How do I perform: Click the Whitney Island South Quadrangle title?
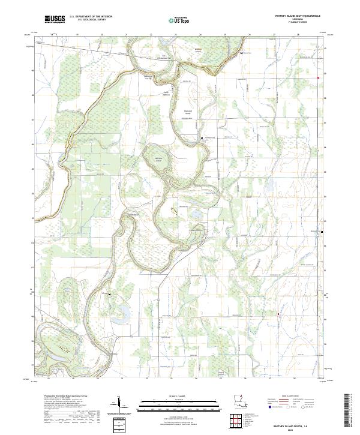[292, 17]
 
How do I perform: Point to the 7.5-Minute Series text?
[292, 24]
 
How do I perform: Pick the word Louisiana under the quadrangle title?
[292, 20]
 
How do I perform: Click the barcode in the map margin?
[351, 409]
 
